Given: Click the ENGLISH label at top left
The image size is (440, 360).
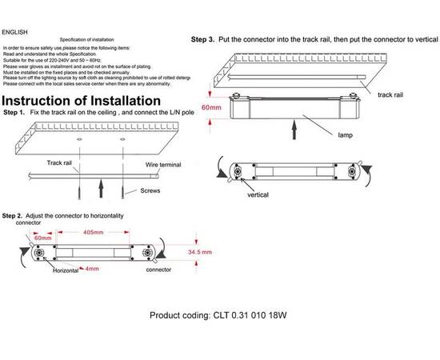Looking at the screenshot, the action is tap(15, 32).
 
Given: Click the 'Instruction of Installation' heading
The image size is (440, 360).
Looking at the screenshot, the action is tap(81, 101).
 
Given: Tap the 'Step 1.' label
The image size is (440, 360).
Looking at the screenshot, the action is tap(14, 113).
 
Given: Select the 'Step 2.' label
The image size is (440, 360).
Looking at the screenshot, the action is tap(12, 216).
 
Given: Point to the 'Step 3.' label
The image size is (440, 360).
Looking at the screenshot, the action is tap(202, 39).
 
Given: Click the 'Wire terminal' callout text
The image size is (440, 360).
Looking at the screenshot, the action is tap(163, 165).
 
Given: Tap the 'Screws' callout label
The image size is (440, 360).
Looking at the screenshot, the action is tap(150, 190).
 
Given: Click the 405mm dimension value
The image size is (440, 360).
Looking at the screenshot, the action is tap(93, 232).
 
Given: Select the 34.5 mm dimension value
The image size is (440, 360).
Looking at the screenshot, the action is tap(200, 252).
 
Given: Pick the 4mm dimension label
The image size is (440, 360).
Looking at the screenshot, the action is tap(92, 269).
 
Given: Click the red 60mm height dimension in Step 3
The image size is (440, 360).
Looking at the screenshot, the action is tap(211, 107).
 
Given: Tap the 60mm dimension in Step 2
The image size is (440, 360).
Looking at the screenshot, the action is tap(42, 238).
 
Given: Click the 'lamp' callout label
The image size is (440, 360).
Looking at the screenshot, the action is tap(345, 135).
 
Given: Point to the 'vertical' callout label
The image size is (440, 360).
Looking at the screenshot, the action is tap(258, 194).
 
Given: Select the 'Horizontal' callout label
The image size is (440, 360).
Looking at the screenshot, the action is tap(66, 270).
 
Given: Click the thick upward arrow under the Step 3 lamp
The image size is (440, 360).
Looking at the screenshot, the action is tap(294, 130).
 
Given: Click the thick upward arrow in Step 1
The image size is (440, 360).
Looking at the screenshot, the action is tap(101, 188).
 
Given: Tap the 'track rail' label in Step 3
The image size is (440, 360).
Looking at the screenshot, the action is tap(390, 95).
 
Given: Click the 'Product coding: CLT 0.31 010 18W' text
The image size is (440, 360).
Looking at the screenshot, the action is tap(218, 315).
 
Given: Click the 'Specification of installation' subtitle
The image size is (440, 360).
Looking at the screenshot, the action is tap(86, 39).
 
